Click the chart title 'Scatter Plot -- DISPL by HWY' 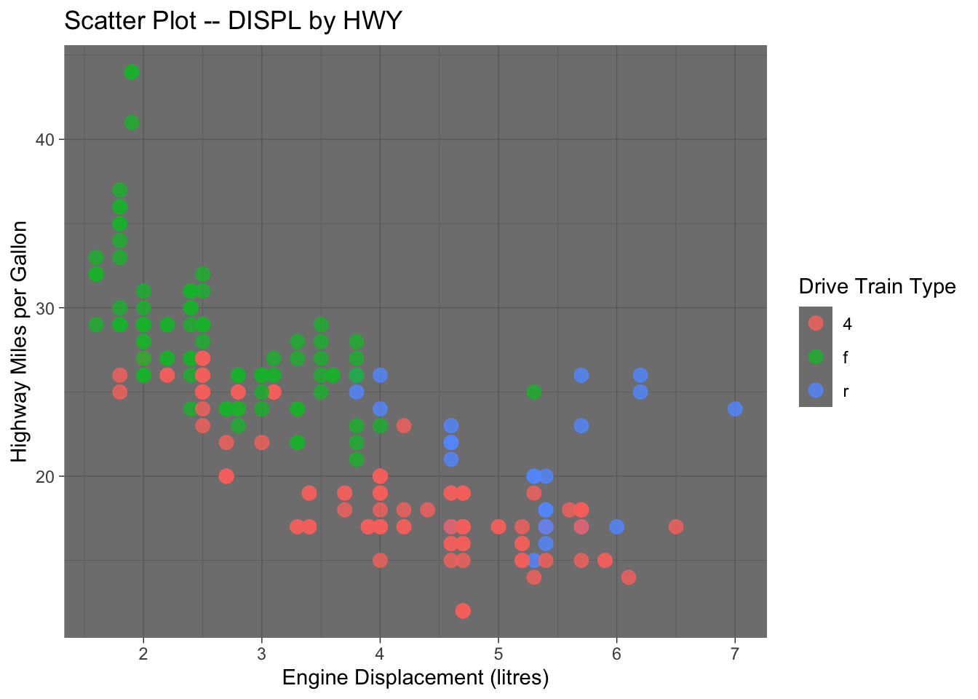tap(233, 20)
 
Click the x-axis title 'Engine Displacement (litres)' tap(415, 678)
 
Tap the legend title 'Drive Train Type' tap(877, 286)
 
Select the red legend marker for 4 tap(816, 323)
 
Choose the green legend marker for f tap(816, 357)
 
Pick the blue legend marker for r tap(816, 390)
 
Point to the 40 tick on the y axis tap(45, 140)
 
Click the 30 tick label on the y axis tap(45, 308)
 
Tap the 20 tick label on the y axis tap(45, 476)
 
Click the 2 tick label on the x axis tap(143, 653)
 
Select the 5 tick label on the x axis tap(498, 653)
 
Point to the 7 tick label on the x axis tap(735, 653)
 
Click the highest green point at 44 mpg tap(132, 72)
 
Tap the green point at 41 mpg tap(132, 122)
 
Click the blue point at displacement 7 tap(735, 408)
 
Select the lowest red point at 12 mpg tap(463, 611)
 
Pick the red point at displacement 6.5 tap(676, 526)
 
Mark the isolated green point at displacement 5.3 tap(534, 392)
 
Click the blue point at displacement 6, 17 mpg tap(616, 526)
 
